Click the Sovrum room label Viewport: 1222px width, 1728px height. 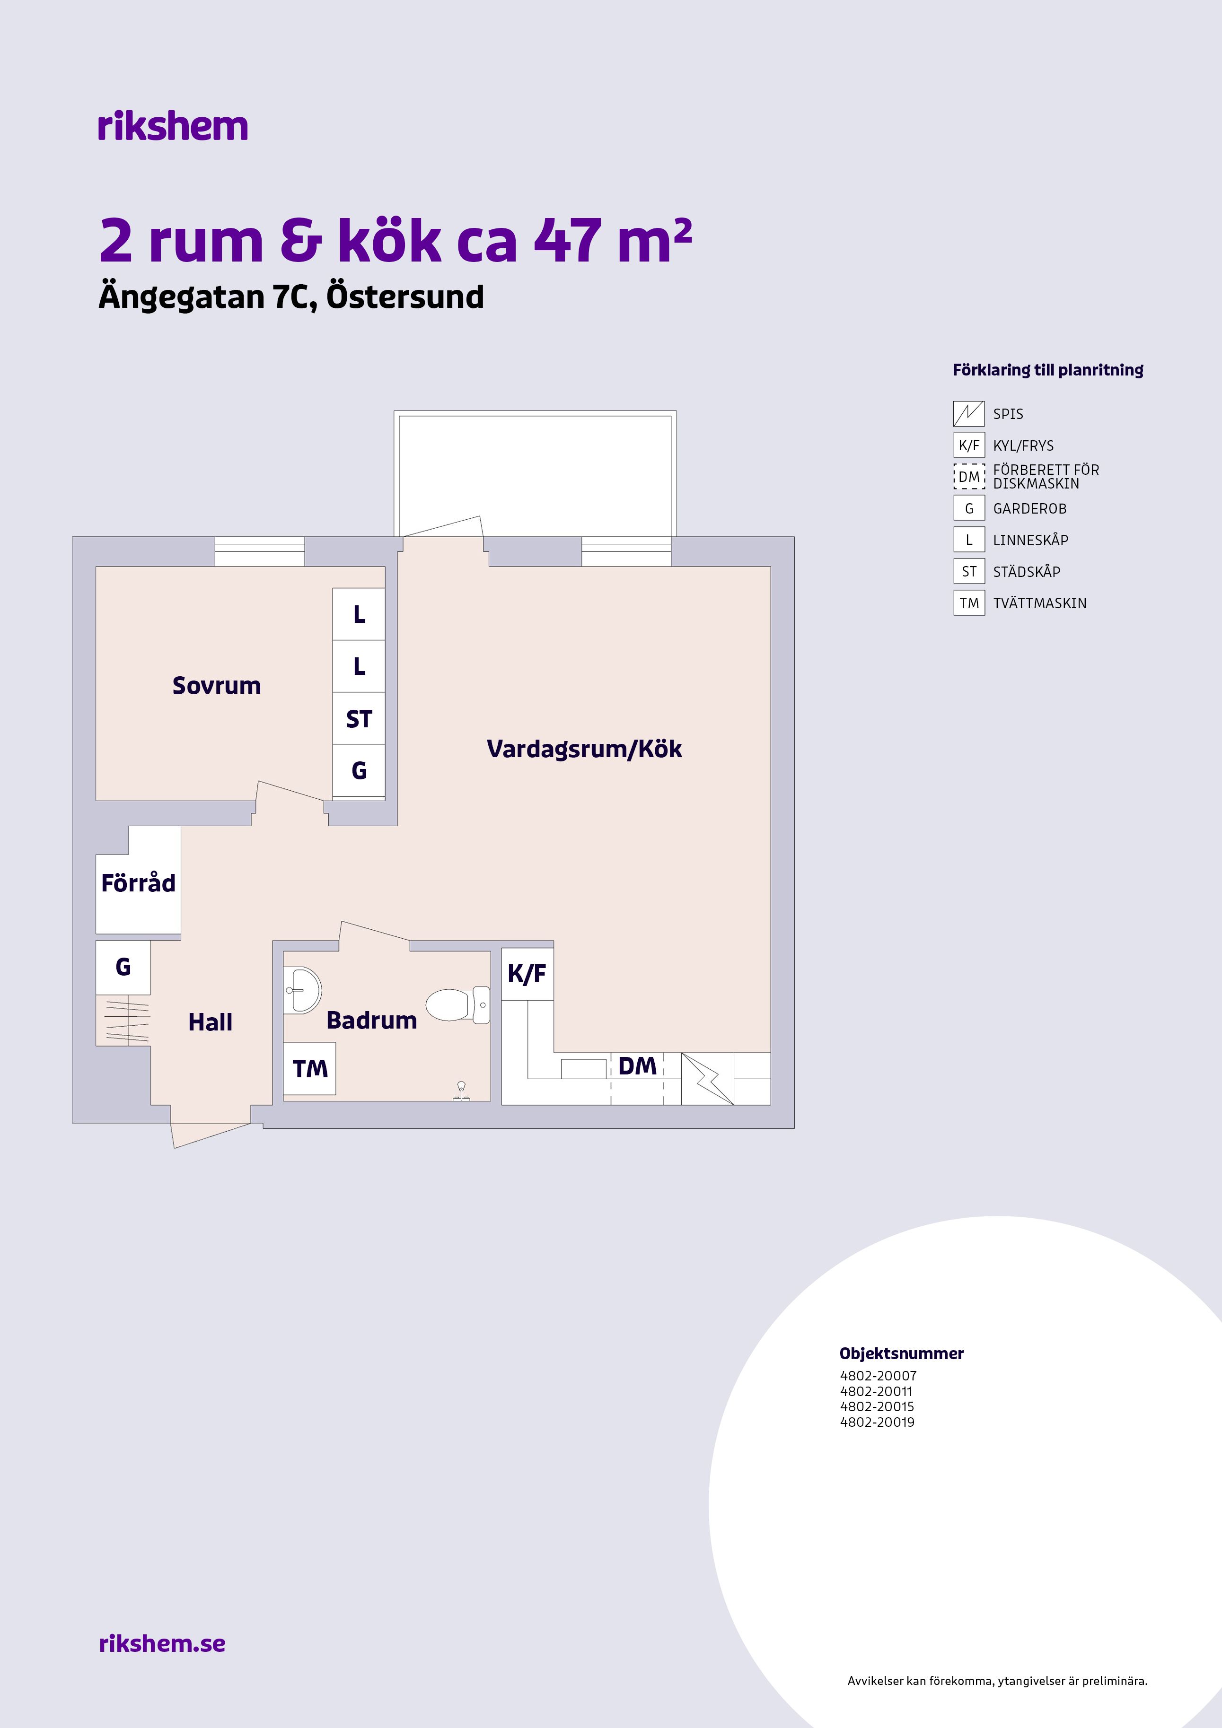pyautogui.click(x=217, y=686)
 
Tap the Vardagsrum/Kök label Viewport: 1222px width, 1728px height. pyautogui.click(x=584, y=749)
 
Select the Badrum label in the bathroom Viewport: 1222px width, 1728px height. pyautogui.click(x=371, y=1021)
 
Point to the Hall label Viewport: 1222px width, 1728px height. pyautogui.click(x=210, y=1022)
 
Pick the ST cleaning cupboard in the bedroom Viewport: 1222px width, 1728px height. pyautogui.click(x=359, y=719)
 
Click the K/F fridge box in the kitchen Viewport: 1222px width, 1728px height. pyautogui.click(x=527, y=974)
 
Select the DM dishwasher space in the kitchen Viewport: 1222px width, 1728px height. pyautogui.click(x=637, y=1079)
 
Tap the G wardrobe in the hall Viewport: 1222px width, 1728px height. pyautogui.click(x=123, y=967)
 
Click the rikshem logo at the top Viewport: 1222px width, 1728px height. pyautogui.click(x=172, y=126)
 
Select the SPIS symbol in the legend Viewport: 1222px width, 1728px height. pyautogui.click(x=969, y=414)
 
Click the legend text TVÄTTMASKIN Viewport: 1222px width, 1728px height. pyautogui.click(x=1040, y=603)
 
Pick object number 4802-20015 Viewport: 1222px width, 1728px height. pyautogui.click(x=877, y=1406)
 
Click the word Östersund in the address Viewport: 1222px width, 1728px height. pyautogui.click(x=405, y=297)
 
